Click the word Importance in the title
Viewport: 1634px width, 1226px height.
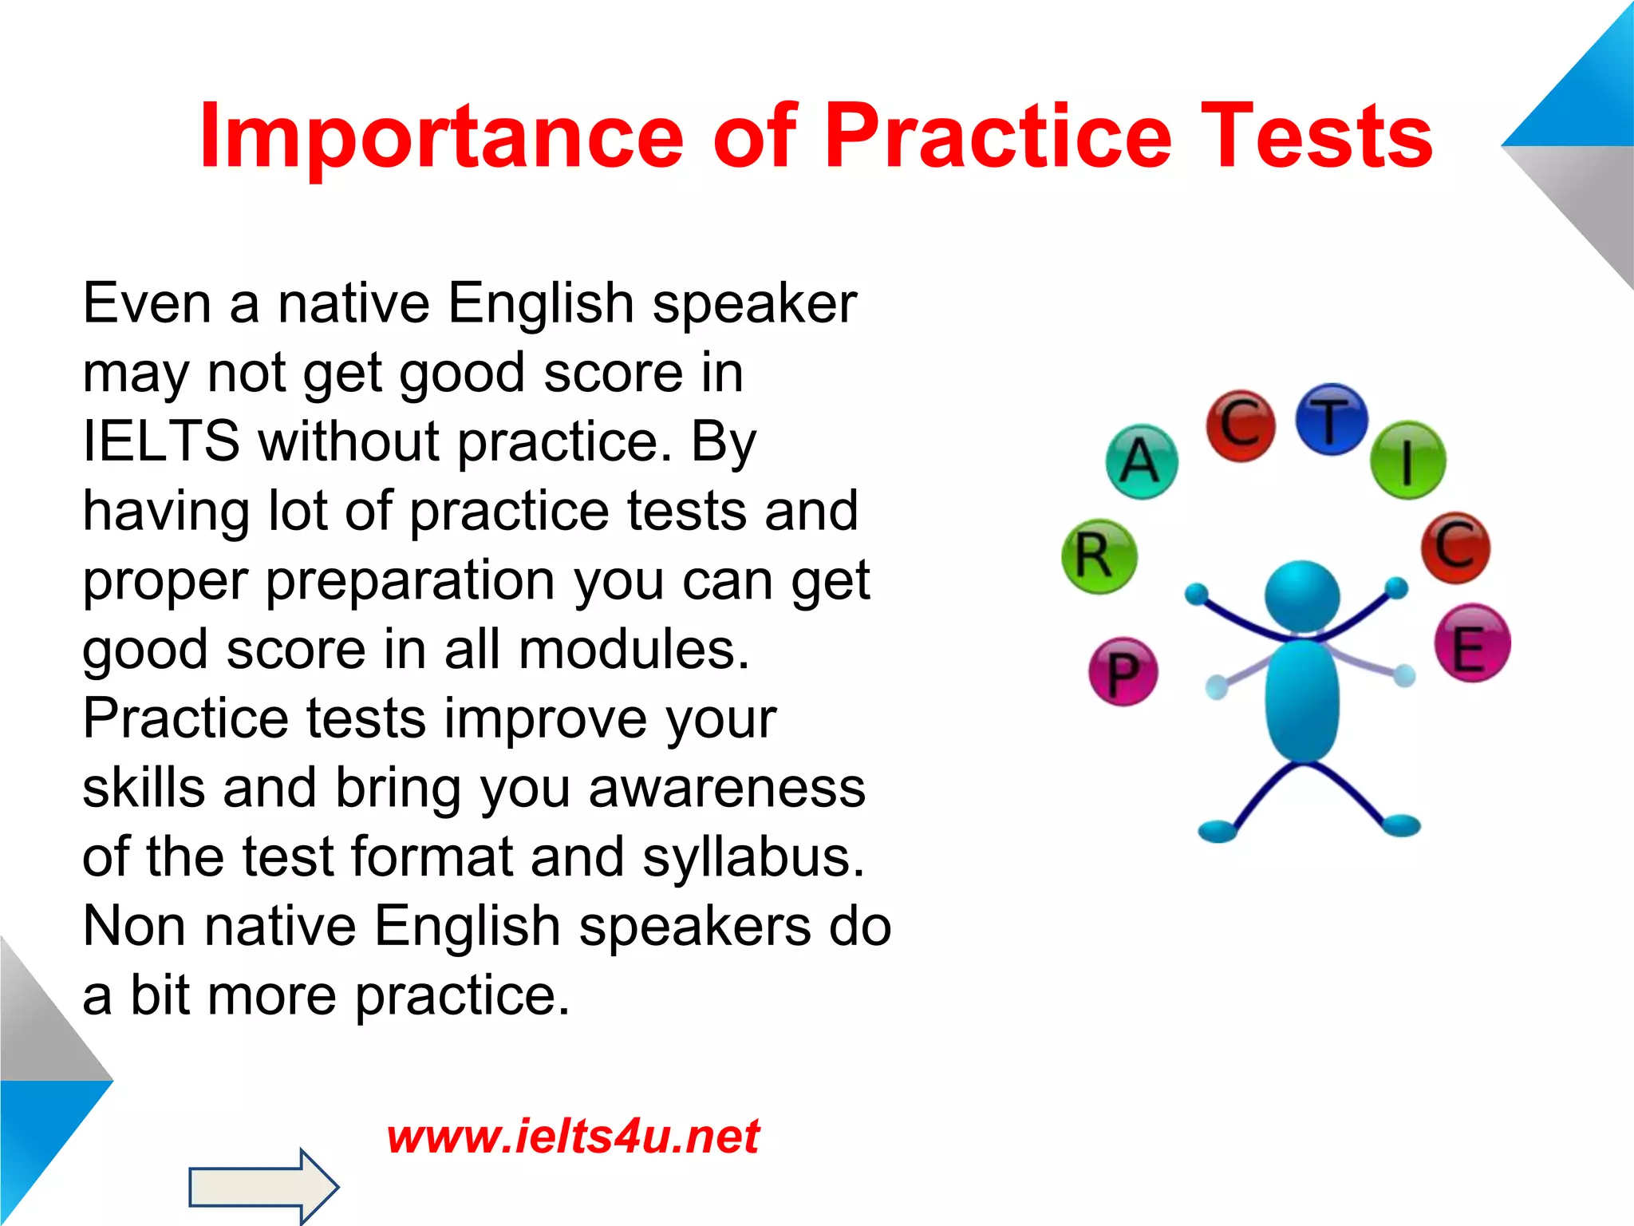click(x=440, y=137)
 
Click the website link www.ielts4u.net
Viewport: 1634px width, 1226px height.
click(x=573, y=1136)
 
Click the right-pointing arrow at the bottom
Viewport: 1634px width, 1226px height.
click(x=263, y=1186)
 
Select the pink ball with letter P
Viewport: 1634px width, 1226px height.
click(x=1123, y=671)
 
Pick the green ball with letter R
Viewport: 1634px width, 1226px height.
click(x=1099, y=556)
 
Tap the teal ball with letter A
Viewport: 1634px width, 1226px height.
click(x=1142, y=461)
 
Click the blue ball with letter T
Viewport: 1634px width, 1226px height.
click(x=1331, y=420)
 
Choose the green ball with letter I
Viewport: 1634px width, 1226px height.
click(x=1407, y=461)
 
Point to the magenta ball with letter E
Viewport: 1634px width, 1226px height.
click(x=1472, y=643)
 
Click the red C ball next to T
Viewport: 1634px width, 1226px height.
click(x=1240, y=425)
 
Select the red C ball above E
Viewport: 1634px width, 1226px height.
click(x=1455, y=548)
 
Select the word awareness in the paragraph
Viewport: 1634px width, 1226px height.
click(x=727, y=788)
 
